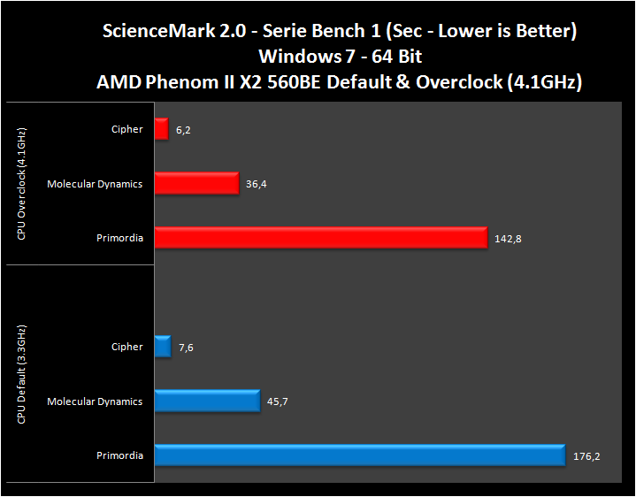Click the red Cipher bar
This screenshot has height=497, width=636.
(161, 129)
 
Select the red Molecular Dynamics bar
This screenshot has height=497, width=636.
(196, 183)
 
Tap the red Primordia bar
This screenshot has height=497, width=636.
(320, 238)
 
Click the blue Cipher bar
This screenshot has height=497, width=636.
(162, 347)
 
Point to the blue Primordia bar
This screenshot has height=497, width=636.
(359, 455)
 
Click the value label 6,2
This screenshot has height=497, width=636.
(183, 130)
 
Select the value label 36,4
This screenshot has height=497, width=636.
(257, 184)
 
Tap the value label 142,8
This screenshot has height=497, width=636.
(508, 239)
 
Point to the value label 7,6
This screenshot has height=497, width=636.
(186, 348)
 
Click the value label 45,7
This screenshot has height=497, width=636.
(278, 402)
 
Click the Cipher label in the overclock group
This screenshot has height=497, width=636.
(127, 129)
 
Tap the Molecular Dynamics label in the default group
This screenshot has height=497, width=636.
(95, 401)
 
